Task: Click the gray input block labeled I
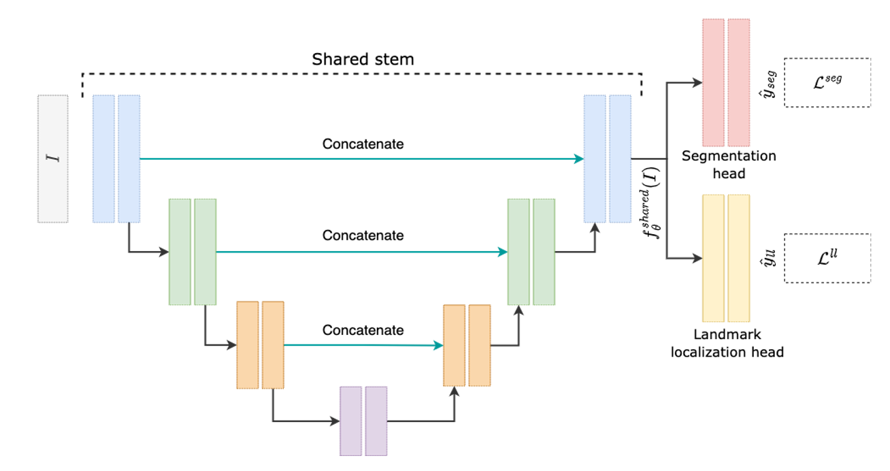pos(52,159)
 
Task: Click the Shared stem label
pos(363,59)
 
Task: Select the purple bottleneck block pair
pos(363,421)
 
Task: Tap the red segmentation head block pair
pos(726,82)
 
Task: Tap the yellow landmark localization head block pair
pos(726,258)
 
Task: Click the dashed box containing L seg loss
pos(827,82)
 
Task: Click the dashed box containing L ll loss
pos(827,259)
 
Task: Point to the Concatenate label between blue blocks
pos(363,144)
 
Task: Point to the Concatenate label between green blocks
pos(363,235)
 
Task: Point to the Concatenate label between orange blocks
pos(363,330)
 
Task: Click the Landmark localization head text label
pos(727,343)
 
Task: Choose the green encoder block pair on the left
pos(193,251)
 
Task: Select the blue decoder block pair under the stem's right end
pos(608,159)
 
